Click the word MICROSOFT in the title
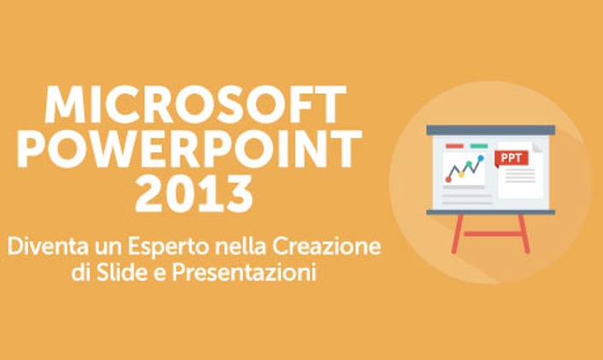195,104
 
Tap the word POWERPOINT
190,149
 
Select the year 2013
194,193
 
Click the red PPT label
511,158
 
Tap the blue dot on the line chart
481,157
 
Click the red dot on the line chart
448,180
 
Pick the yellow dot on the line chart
462,174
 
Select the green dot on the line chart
469,164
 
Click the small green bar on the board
479,146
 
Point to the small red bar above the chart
454,146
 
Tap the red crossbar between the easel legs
491,233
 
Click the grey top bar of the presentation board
491,130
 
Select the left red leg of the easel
458,233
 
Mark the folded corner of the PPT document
537,147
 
